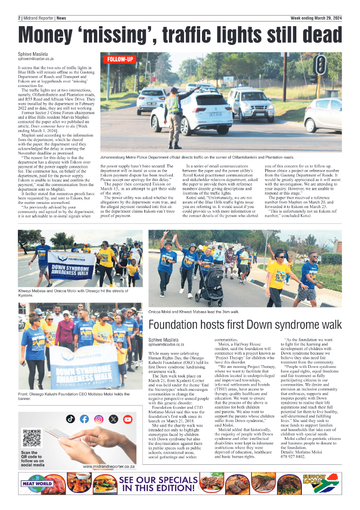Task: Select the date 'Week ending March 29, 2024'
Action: [x=316, y=18]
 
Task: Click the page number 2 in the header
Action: [x=20, y=18]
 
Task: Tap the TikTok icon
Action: [x=70, y=419]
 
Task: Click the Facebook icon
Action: [x=84, y=419]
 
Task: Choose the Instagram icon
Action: [x=98, y=419]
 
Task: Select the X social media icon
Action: [x=113, y=419]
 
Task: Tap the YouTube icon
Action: [x=127, y=419]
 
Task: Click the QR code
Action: [x=32, y=438]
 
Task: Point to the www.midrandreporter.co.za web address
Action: [x=109, y=466]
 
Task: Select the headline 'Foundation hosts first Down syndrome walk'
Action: [x=245, y=325]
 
